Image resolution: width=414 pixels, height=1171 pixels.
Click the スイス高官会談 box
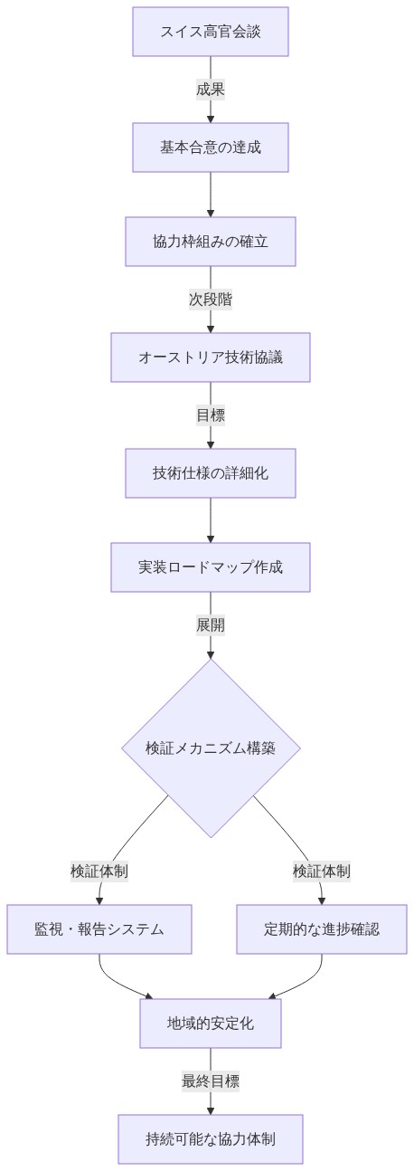tap(211, 32)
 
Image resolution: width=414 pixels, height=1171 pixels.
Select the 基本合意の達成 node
tap(211, 148)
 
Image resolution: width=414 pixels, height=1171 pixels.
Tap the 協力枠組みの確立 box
tap(211, 242)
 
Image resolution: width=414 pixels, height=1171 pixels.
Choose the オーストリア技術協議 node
tap(211, 357)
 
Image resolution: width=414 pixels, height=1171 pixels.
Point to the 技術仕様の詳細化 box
tap(211, 473)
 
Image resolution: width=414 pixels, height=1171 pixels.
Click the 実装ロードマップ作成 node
tap(211, 567)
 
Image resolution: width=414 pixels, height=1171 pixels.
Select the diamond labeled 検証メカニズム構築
tap(211, 748)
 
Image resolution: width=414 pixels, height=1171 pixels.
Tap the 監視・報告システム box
tap(99, 929)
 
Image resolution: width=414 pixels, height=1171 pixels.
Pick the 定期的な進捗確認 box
tap(322, 929)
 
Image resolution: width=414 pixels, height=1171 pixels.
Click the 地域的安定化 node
tap(211, 1023)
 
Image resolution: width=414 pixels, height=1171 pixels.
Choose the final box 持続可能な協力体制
tap(211, 1139)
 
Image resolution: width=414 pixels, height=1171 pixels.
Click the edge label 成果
tap(211, 90)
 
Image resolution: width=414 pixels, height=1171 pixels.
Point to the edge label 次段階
tap(211, 300)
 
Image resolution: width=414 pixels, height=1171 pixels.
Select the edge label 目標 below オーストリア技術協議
tap(211, 415)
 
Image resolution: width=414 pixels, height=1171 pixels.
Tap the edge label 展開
tap(211, 625)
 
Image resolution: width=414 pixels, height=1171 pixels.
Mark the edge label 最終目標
tap(211, 1081)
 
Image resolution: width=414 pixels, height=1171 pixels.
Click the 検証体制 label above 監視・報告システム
tap(99, 871)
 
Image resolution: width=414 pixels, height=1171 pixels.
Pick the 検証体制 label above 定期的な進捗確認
tap(322, 871)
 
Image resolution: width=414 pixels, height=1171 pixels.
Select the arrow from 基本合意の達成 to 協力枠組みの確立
tap(211, 195)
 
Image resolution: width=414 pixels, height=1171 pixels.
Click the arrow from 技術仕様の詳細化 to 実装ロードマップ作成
tap(211, 520)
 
